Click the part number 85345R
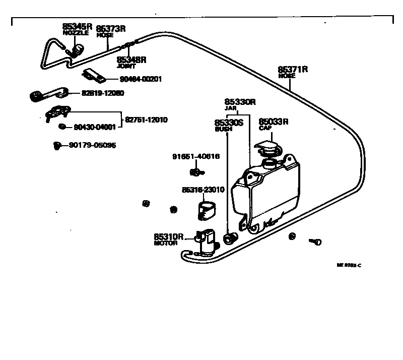coord(77,26)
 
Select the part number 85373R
coord(111,28)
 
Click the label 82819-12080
coord(102,93)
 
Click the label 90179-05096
coord(92,146)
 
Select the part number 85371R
coord(293,69)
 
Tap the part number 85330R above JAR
coord(240,102)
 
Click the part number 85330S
coord(229,123)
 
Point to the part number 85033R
coord(274,122)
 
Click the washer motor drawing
coord(207,242)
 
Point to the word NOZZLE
coord(75,33)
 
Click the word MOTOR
coord(166,243)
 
